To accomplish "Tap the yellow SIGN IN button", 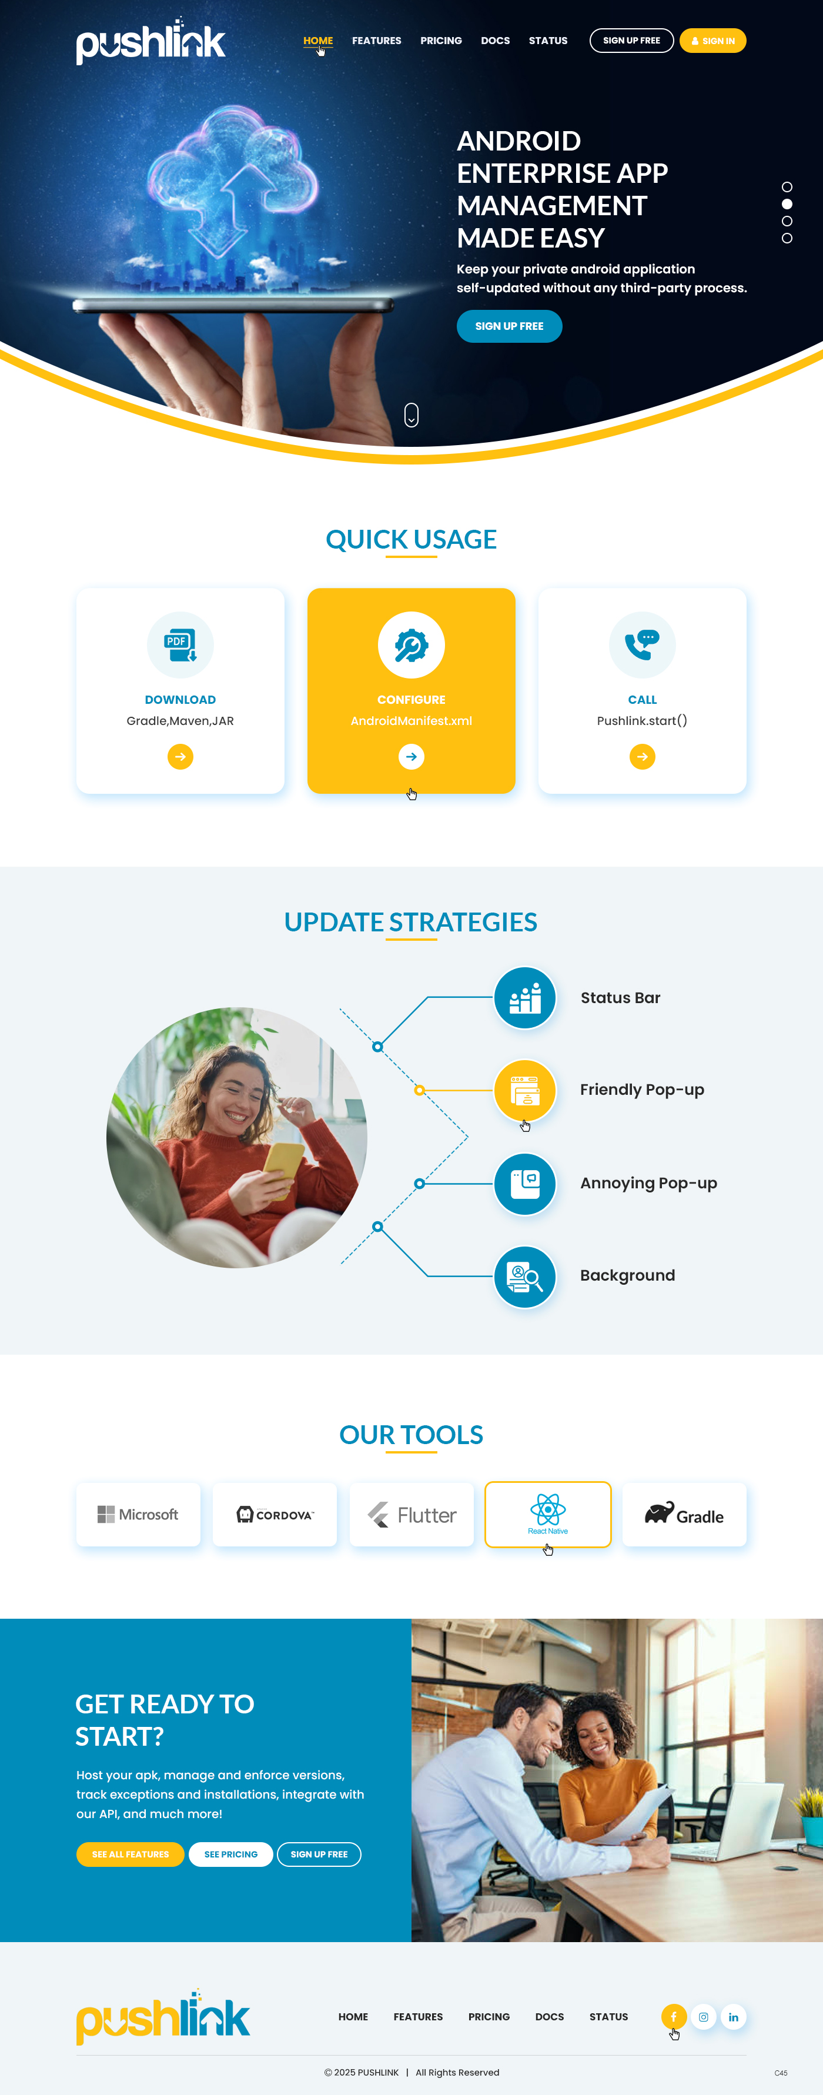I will tap(712, 41).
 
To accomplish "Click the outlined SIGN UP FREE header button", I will tap(631, 41).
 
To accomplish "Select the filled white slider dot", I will tap(787, 204).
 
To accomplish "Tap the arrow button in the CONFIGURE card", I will tap(411, 757).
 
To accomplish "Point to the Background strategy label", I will tap(627, 1275).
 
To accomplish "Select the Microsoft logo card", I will tap(138, 1514).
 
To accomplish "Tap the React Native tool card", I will tap(547, 1514).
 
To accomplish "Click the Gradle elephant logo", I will tap(660, 1513).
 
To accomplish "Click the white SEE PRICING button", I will tap(230, 1855).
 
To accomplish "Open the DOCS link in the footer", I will tap(549, 2017).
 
